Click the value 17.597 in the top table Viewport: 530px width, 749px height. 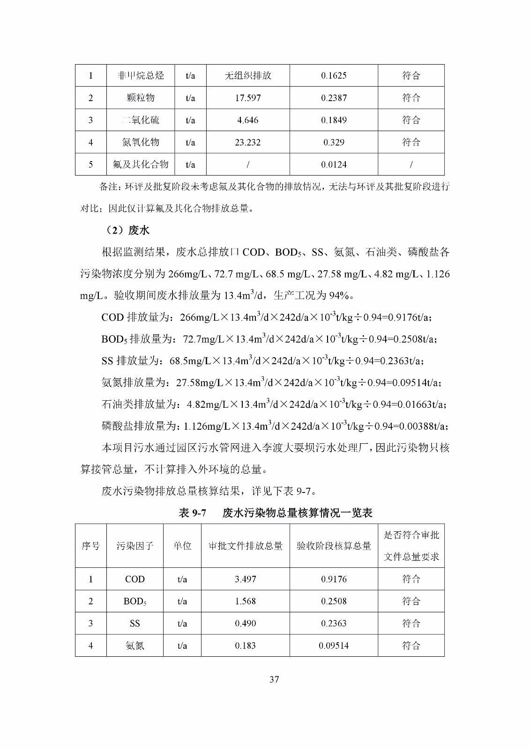click(x=247, y=98)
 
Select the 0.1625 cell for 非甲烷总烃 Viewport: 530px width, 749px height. click(x=334, y=75)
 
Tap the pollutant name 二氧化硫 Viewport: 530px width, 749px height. click(x=141, y=120)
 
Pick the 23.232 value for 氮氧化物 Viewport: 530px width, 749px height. click(x=247, y=142)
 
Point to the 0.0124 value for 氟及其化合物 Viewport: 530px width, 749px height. click(x=334, y=164)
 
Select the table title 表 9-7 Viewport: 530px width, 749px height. click(x=193, y=513)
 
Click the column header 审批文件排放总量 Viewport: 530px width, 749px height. click(x=246, y=546)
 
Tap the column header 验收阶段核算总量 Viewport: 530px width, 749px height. click(x=334, y=546)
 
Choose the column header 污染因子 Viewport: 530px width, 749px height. click(x=135, y=546)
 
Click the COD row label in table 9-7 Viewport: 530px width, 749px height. click(x=135, y=579)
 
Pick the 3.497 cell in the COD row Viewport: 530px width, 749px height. click(x=246, y=579)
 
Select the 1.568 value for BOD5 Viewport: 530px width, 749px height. click(x=246, y=601)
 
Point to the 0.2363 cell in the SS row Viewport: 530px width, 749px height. click(x=334, y=624)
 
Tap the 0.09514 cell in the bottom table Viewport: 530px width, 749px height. click(x=334, y=646)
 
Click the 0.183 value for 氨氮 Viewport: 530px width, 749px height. click(x=246, y=646)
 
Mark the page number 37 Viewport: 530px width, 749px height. click(x=274, y=679)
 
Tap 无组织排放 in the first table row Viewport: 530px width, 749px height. click(x=248, y=75)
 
